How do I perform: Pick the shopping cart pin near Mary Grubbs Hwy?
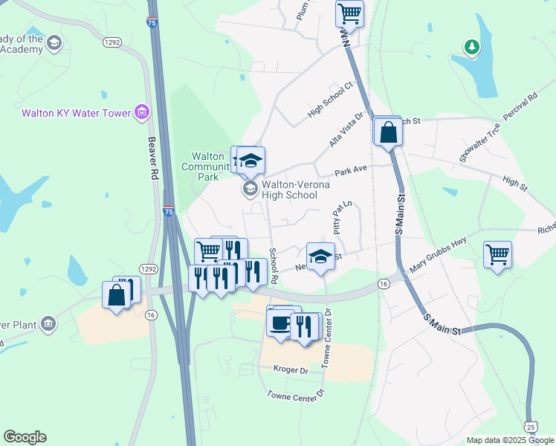point(497,254)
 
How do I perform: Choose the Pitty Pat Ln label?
point(340,219)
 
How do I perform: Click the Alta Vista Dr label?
point(346,131)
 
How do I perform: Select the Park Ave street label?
point(351,170)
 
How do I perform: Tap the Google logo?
point(25,437)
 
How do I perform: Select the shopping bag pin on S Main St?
point(389,133)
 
